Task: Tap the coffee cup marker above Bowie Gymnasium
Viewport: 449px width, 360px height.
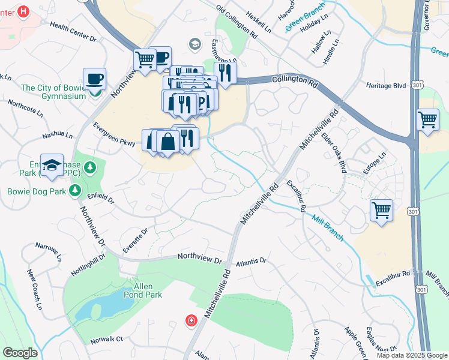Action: tap(94, 79)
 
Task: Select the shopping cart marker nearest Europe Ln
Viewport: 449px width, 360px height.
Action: tap(381, 211)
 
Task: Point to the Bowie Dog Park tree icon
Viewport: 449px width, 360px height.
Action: tap(74, 191)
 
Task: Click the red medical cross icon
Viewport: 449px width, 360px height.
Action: tap(191, 322)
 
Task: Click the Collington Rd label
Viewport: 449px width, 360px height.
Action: tap(294, 79)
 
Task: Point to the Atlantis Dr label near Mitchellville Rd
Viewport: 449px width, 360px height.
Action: tap(251, 262)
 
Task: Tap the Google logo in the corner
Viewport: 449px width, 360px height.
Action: tap(20, 353)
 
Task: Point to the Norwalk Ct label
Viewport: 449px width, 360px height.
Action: tap(106, 339)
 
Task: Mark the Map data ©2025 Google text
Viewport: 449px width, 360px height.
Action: tap(411, 355)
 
